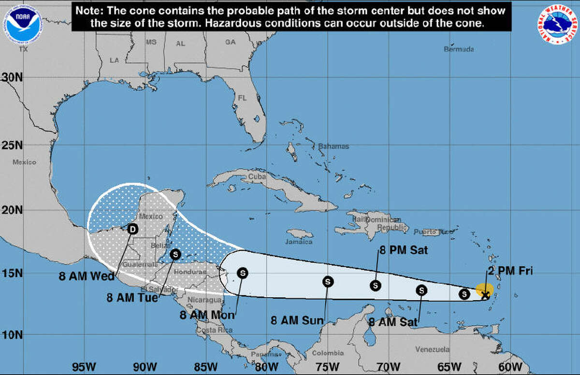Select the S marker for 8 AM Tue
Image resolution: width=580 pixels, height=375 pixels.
pos(176,254)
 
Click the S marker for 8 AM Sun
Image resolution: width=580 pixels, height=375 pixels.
pos(328,282)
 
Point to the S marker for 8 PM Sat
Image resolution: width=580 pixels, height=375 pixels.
pos(376,285)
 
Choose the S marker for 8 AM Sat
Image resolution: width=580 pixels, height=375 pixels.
pos(422,290)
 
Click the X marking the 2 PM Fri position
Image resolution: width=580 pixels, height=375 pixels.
pos(485,294)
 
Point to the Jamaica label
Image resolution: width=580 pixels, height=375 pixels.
pos(300,242)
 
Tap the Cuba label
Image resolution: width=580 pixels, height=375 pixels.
pos(257,177)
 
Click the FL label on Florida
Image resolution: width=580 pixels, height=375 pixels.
pos(242,98)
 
